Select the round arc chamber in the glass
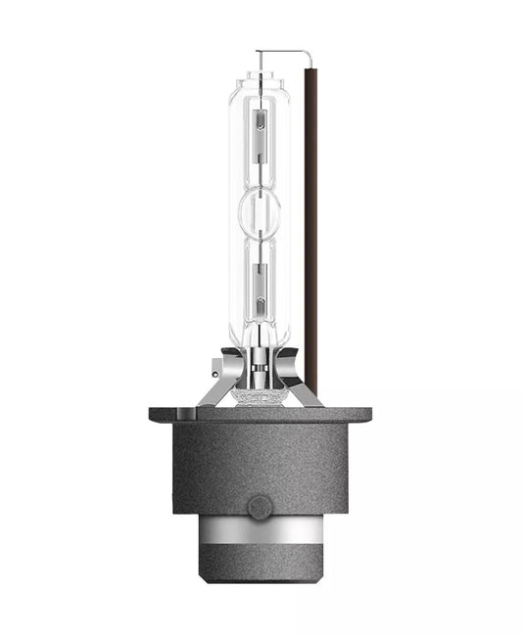pos(261,209)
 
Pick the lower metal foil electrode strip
pos(261,288)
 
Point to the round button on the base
pos(260,507)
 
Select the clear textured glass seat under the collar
pos(260,396)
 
